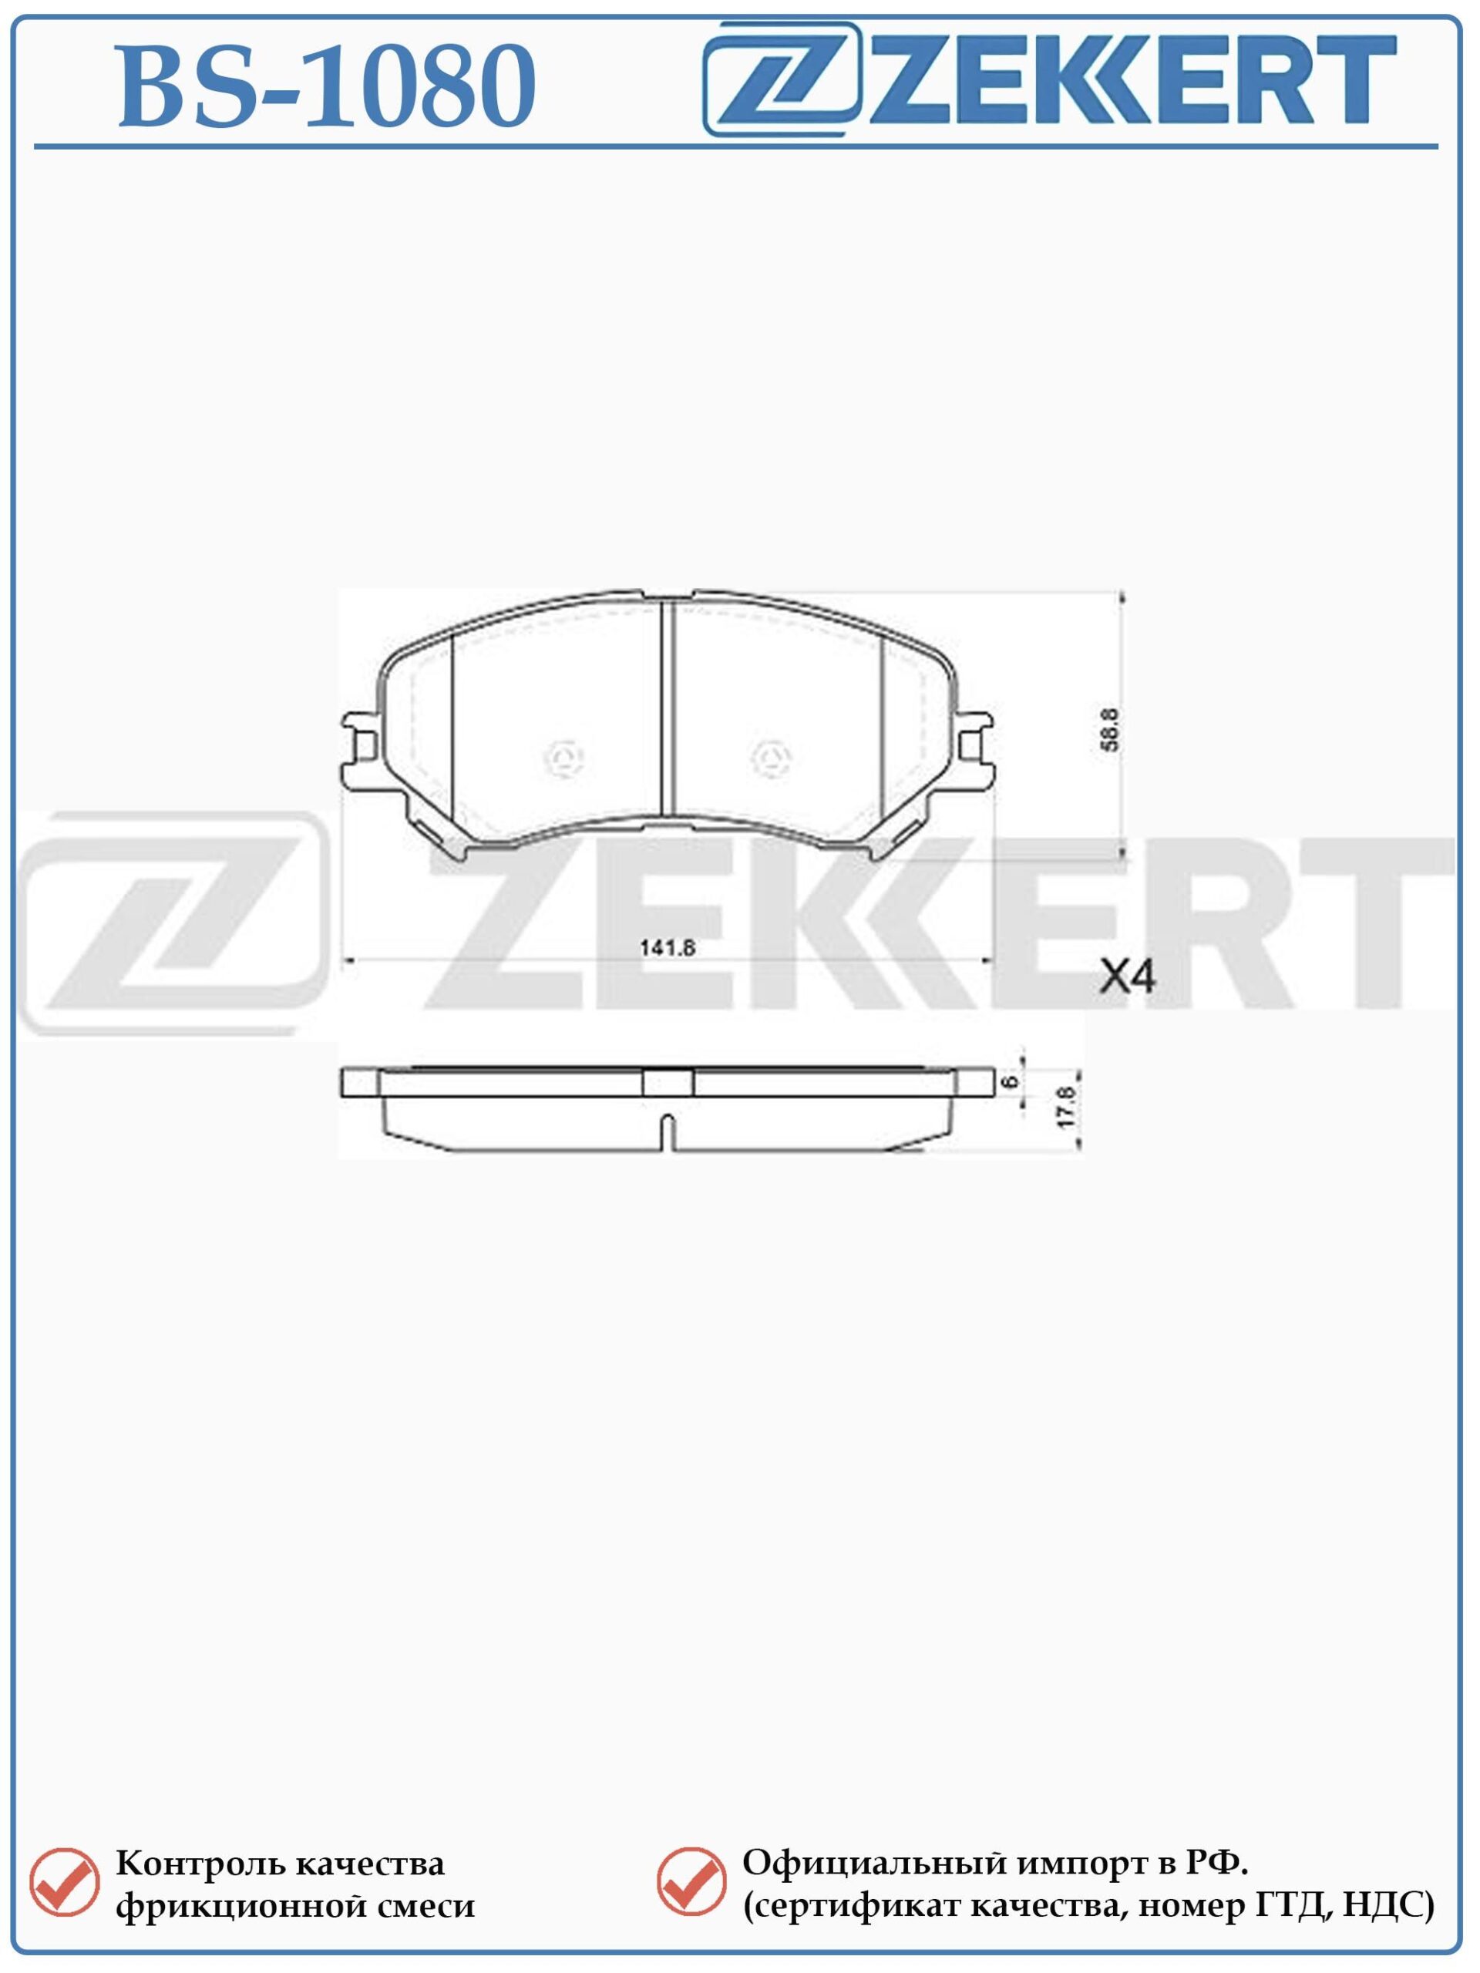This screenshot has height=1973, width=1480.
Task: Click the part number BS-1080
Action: [327, 86]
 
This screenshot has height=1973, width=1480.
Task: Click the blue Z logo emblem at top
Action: [782, 79]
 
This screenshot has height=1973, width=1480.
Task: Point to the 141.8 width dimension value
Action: [667, 948]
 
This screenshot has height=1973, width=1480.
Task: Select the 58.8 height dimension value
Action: [1110, 730]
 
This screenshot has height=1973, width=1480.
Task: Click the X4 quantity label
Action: [1127, 977]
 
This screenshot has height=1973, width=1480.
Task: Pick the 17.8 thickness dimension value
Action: [1067, 1106]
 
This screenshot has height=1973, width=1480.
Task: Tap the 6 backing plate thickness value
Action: [1010, 1081]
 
